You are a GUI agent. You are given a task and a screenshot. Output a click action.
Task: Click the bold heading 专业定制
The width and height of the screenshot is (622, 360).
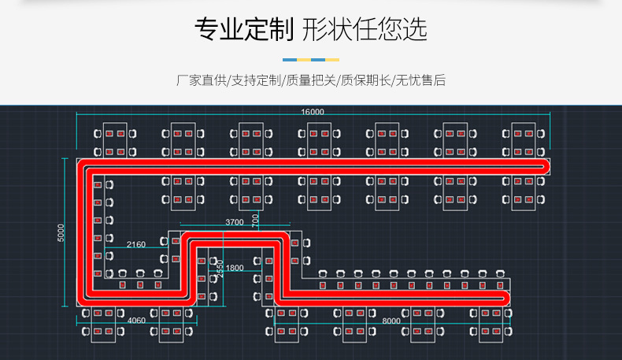(x=243, y=29)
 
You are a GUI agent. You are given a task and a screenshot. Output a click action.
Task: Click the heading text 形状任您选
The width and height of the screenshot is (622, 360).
(x=364, y=29)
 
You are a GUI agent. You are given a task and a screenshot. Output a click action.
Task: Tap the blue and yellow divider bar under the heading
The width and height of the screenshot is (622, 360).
(x=311, y=59)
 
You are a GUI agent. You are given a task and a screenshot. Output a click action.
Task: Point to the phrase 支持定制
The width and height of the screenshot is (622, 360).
(x=255, y=80)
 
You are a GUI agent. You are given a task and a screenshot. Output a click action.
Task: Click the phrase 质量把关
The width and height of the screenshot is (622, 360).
(x=310, y=80)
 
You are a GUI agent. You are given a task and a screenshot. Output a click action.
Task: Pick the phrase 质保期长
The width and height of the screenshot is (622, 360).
(x=365, y=80)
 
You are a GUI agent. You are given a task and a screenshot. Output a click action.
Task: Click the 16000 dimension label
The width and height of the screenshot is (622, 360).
(x=312, y=113)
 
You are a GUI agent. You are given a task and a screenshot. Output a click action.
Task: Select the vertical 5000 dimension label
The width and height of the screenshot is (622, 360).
(x=62, y=233)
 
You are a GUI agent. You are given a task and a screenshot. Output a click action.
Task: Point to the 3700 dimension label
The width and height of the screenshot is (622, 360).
(x=235, y=222)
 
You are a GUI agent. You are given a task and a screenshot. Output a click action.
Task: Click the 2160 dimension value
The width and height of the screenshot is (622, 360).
(x=135, y=245)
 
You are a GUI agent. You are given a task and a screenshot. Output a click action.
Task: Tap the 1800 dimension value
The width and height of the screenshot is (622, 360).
(x=235, y=269)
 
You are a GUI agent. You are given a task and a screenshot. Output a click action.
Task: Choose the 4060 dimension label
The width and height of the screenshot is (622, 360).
(x=135, y=321)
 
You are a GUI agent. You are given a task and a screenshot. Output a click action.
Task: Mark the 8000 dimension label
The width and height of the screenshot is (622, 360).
(x=391, y=321)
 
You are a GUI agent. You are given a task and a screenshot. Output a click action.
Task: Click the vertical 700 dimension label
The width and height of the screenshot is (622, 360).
(x=254, y=221)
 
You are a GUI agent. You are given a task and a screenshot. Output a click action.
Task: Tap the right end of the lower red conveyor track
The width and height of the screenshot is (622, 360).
(x=503, y=296)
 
